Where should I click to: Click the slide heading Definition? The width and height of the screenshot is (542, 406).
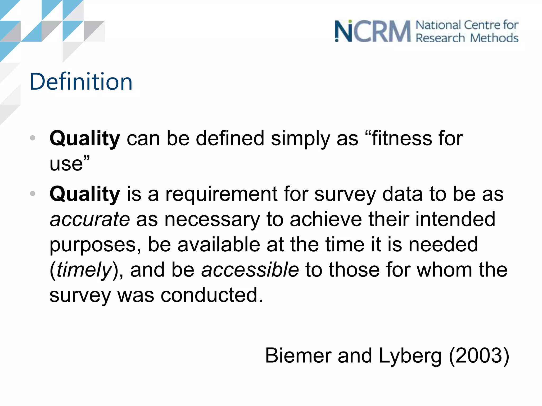tap(81, 82)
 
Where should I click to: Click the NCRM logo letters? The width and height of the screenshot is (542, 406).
tap(372, 31)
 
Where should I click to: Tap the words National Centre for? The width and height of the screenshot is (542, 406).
tap(467, 25)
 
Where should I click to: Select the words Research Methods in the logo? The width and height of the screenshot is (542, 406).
tap(467, 38)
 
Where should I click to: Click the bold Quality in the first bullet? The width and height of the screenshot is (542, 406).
tap(85, 139)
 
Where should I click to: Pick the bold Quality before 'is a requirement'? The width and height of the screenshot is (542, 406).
tap(85, 194)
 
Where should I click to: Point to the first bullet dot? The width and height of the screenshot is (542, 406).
tap(33, 138)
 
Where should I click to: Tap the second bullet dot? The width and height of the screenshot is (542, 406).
tap(33, 194)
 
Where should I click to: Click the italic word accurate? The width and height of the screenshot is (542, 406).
tap(90, 219)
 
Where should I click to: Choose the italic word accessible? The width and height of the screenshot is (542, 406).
tap(250, 270)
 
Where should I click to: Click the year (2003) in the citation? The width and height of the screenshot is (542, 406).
tap(479, 356)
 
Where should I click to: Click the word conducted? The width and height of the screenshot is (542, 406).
tap(212, 295)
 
